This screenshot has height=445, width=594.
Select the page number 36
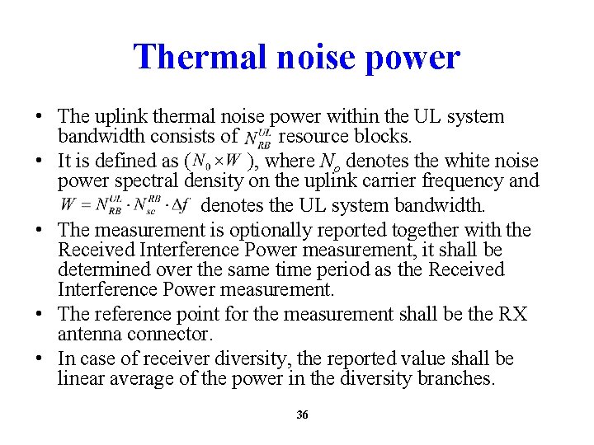[302, 415]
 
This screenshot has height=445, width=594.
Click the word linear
[80, 378]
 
